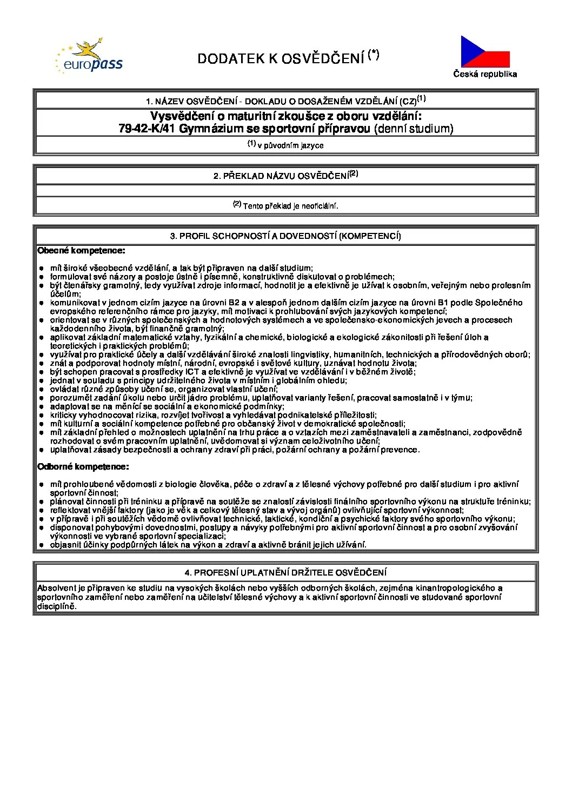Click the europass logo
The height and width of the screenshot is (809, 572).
[x=90, y=57]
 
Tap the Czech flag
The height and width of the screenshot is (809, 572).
[x=485, y=52]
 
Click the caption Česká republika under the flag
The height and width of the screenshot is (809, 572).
[x=485, y=75]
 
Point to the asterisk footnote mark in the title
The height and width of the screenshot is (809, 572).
[x=374, y=55]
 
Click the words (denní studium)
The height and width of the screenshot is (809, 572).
[x=414, y=129]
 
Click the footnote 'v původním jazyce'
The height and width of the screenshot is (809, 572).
[x=290, y=145]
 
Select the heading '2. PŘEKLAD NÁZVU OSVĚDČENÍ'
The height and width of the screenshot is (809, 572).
[x=285, y=176]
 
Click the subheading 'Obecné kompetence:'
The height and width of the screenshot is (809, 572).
[x=81, y=251]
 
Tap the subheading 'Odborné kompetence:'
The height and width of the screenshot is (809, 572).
[x=83, y=466]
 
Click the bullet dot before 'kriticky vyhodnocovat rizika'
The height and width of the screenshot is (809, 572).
[x=42, y=415]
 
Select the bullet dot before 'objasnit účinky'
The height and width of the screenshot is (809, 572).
[x=42, y=545]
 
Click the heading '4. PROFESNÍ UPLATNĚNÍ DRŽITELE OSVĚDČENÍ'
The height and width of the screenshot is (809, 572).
[x=285, y=573]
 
